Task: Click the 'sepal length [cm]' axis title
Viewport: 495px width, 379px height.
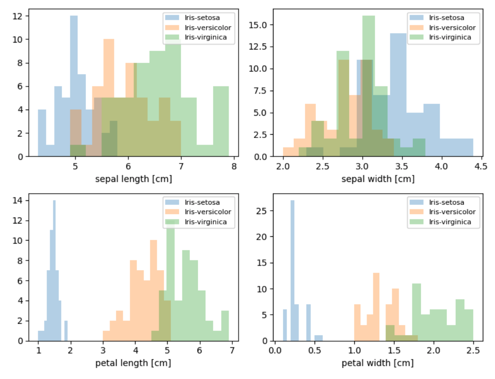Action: click(134, 179)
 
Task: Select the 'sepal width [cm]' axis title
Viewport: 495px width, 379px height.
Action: click(378, 179)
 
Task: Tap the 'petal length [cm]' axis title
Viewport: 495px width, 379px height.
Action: click(134, 363)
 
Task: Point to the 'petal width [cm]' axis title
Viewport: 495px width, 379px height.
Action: click(378, 363)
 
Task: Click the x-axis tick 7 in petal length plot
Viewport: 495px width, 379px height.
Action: click(232, 351)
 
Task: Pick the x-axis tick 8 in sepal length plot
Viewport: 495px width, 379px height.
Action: click(234, 166)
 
